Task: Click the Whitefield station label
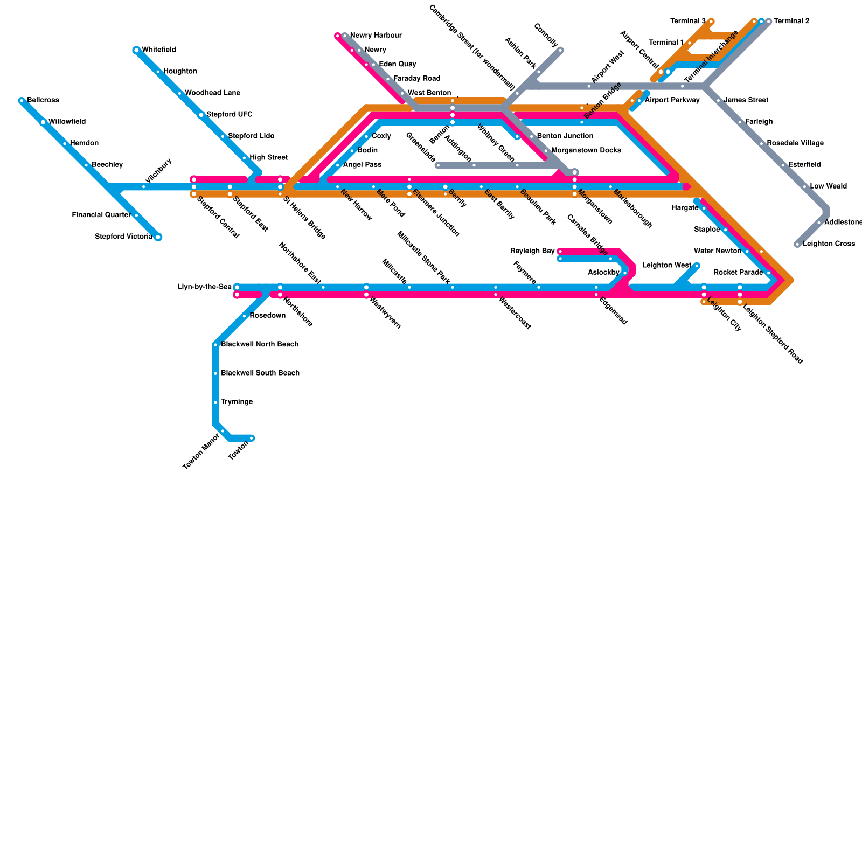coord(158,50)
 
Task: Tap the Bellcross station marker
coord(22,101)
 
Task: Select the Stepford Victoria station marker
coord(158,237)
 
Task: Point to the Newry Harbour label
coord(376,36)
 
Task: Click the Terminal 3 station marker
coord(711,22)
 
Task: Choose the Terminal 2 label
coord(791,22)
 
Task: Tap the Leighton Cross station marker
coord(797,244)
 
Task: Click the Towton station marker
coord(252,438)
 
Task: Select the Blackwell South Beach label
coord(260,373)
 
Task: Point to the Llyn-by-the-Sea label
coord(204,287)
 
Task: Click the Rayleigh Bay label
coord(532,251)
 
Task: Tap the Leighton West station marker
coord(697,266)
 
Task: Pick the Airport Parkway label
coord(672,100)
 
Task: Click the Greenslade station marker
coord(438,165)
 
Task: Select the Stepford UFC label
coord(229,115)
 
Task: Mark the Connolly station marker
coord(560,51)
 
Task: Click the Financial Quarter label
coord(101,215)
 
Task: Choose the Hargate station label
coord(685,208)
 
